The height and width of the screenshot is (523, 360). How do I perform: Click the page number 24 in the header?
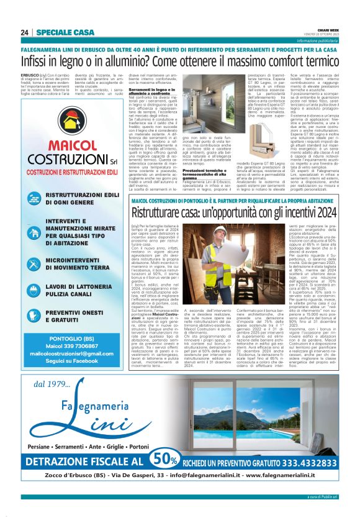[25, 32]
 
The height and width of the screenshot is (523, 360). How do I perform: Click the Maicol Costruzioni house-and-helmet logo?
[66, 129]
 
